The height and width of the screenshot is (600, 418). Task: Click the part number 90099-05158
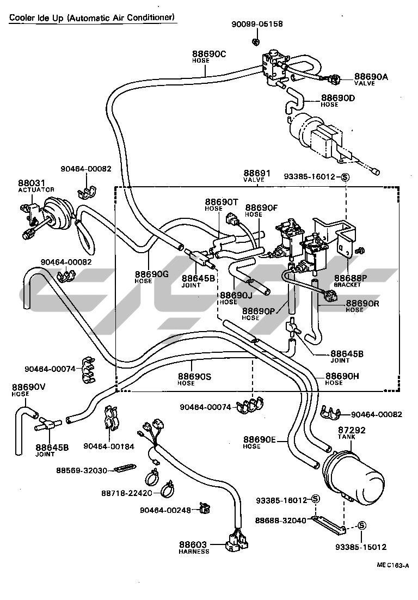click(257, 24)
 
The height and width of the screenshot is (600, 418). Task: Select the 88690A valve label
click(371, 79)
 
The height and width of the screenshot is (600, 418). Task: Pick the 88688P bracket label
click(350, 280)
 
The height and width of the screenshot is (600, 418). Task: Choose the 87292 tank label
click(352, 432)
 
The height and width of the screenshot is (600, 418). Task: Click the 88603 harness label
click(194, 547)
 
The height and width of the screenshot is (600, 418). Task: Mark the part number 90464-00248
click(165, 510)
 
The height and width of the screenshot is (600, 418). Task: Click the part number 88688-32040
click(282, 521)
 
